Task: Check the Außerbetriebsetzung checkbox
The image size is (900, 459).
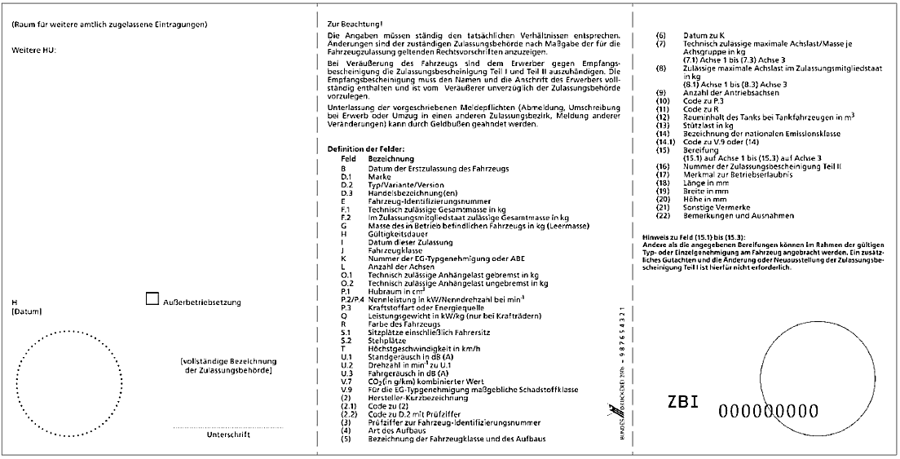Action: click(x=152, y=299)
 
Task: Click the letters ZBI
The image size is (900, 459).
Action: click(x=684, y=403)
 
